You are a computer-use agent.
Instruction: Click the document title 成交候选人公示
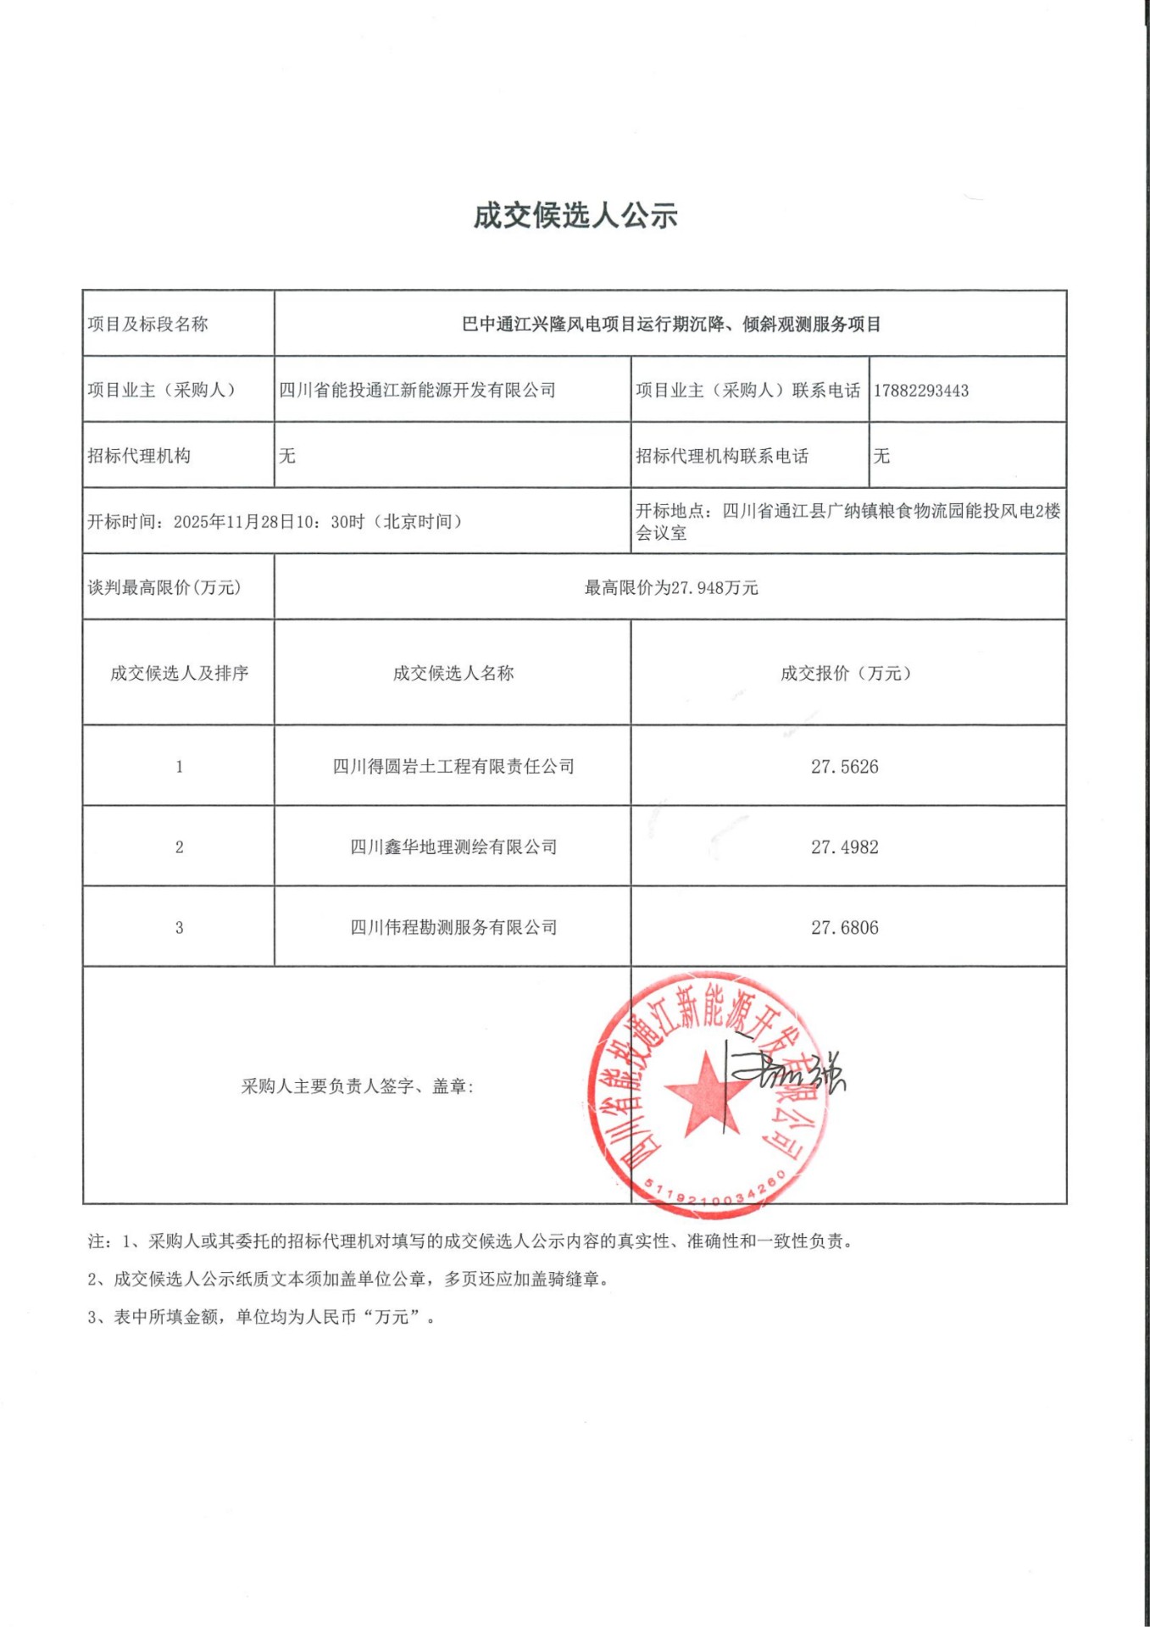575,216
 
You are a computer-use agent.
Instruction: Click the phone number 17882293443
920,391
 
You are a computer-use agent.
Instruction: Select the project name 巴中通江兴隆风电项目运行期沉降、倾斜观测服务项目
670,325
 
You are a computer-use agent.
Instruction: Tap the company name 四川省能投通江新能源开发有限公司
417,391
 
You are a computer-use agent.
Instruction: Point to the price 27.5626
844,767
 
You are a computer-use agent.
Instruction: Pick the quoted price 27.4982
844,847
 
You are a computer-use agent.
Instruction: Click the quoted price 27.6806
844,928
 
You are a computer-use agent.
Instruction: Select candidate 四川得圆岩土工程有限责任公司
453,767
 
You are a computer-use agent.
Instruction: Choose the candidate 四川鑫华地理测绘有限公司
453,847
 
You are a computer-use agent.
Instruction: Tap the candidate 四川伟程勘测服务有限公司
453,928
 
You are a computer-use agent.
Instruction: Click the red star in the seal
705,1093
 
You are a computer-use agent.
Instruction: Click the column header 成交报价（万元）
846,674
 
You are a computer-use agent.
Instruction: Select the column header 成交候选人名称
453,674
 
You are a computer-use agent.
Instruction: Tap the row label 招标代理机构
139,456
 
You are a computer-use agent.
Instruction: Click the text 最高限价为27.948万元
670,588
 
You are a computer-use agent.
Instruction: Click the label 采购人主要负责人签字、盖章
357,1086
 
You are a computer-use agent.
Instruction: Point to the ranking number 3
179,928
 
